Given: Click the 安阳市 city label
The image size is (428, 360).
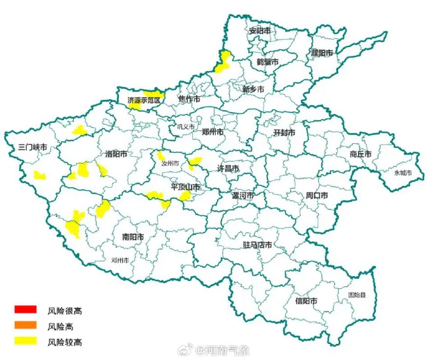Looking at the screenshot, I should pyautogui.click(x=260, y=31).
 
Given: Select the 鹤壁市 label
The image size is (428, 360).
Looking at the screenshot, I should pyautogui.click(x=267, y=62).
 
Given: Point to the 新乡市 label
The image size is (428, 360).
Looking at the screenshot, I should pyautogui.click(x=253, y=89).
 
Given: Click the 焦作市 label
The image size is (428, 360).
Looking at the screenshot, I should pyautogui.click(x=189, y=99).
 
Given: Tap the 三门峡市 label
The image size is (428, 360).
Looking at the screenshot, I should pyautogui.click(x=33, y=147).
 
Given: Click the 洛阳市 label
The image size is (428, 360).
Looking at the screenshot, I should pyautogui.click(x=117, y=154).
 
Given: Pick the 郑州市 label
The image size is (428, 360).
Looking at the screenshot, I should pyautogui.click(x=213, y=131).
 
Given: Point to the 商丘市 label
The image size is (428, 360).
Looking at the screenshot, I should pyautogui.click(x=360, y=154).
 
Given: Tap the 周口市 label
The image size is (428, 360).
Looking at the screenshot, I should pyautogui.click(x=316, y=195).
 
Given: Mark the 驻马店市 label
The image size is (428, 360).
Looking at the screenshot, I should pyautogui.click(x=257, y=245).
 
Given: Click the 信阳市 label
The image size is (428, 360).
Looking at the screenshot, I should pyautogui.click(x=306, y=301).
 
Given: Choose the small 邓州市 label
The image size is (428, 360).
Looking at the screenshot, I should pyautogui.click(x=120, y=261).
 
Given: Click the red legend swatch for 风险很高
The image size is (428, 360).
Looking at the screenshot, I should pyautogui.click(x=26, y=309).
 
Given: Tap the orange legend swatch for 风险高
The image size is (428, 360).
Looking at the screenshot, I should pyautogui.click(x=26, y=325).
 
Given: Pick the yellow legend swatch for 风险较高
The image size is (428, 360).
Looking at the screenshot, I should pyautogui.click(x=26, y=341).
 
